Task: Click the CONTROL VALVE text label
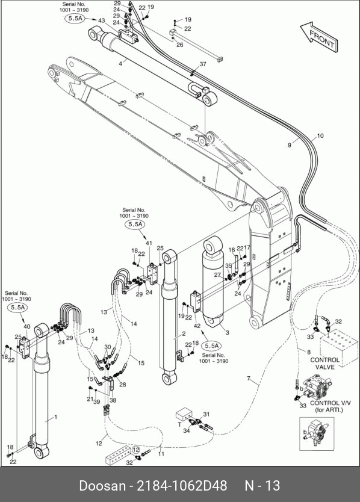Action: click(x=324, y=364)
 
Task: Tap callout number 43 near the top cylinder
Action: click(x=102, y=20)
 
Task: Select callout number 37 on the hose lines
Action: click(x=203, y=64)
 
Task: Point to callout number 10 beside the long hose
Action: click(x=320, y=136)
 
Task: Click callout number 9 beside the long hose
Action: click(x=290, y=145)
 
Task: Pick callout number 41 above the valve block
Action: click(x=149, y=243)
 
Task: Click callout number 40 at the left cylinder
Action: click(x=27, y=327)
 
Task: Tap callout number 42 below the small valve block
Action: click(x=197, y=326)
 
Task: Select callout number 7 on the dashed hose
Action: click(x=249, y=379)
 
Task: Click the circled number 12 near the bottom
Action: click(x=136, y=450)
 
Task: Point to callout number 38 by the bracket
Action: click(x=113, y=400)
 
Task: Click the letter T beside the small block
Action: click(x=179, y=424)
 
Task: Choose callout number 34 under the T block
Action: click(x=187, y=430)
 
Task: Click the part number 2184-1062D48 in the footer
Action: click(x=182, y=486)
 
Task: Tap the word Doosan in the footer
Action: click(x=102, y=486)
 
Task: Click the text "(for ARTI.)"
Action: click(x=329, y=410)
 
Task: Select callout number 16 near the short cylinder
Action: click(x=232, y=250)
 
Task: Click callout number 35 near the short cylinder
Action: click(x=228, y=265)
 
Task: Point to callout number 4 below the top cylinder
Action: click(x=120, y=64)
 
